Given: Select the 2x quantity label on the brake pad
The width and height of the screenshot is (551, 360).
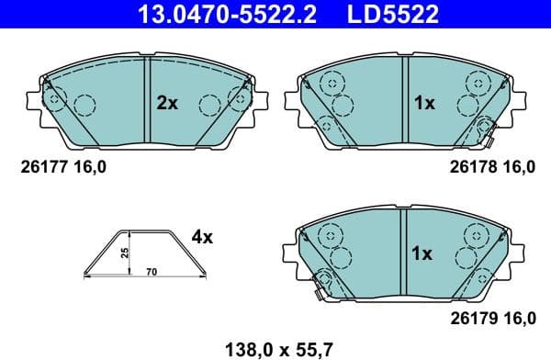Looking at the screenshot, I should [166, 104].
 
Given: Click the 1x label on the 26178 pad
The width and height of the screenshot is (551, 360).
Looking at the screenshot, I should [423, 104].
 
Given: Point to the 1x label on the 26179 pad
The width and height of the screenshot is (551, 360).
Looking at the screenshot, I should [423, 253].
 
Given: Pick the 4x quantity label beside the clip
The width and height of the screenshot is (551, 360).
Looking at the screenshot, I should [202, 237].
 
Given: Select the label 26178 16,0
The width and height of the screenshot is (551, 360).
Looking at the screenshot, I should [491, 167].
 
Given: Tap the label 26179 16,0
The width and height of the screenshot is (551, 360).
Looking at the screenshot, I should [491, 318].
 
